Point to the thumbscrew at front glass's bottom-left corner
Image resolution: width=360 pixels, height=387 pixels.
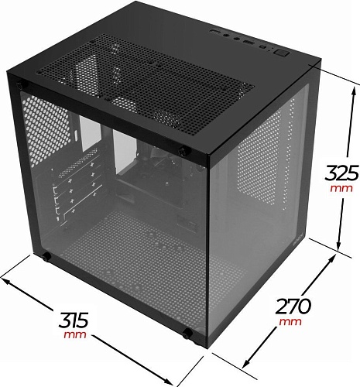tap(47, 256)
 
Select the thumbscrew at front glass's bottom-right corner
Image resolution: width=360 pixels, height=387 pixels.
tap(188, 334)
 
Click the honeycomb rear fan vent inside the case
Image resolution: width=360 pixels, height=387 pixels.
tap(39, 128)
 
